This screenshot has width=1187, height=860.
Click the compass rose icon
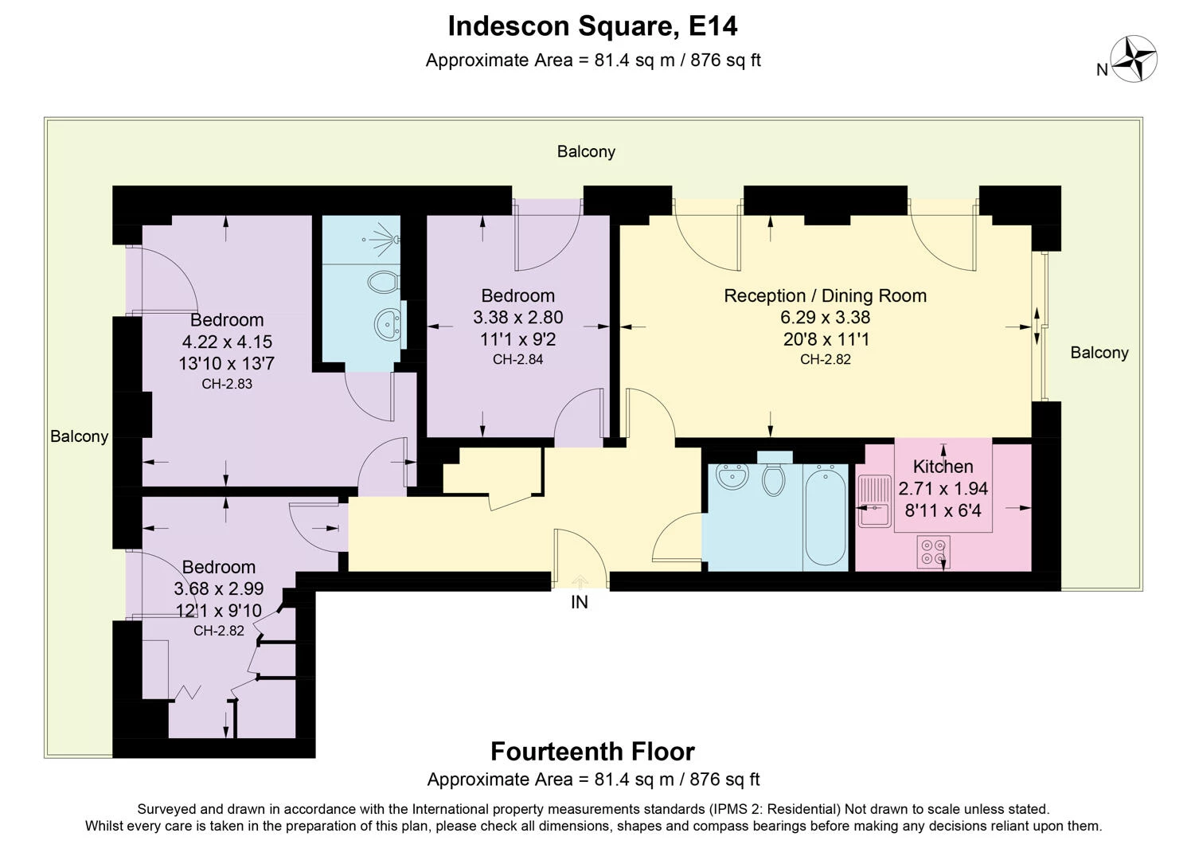tap(1134, 59)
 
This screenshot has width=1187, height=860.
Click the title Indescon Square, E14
tap(592, 26)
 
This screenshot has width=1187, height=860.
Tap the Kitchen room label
tap(943, 467)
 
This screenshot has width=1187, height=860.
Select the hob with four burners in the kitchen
tap(932, 552)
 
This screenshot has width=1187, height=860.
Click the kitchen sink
tap(874, 502)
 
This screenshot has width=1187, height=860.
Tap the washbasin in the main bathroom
tap(732, 477)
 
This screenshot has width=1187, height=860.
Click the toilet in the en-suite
tap(385, 282)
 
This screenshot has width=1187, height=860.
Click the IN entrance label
tap(579, 603)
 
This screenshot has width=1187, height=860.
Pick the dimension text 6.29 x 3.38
tap(825, 317)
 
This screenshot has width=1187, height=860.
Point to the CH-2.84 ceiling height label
tap(517, 359)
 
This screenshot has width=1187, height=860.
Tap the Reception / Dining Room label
tap(825, 295)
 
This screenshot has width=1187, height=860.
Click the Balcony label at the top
tap(586, 151)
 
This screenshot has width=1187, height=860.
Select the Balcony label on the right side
tap(1099, 353)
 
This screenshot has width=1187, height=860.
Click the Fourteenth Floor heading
tap(592, 752)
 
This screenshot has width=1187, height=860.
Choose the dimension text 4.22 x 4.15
tap(227, 342)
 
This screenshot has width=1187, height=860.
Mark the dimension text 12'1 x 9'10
tap(218, 611)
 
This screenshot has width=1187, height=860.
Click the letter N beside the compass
tap(1102, 70)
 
